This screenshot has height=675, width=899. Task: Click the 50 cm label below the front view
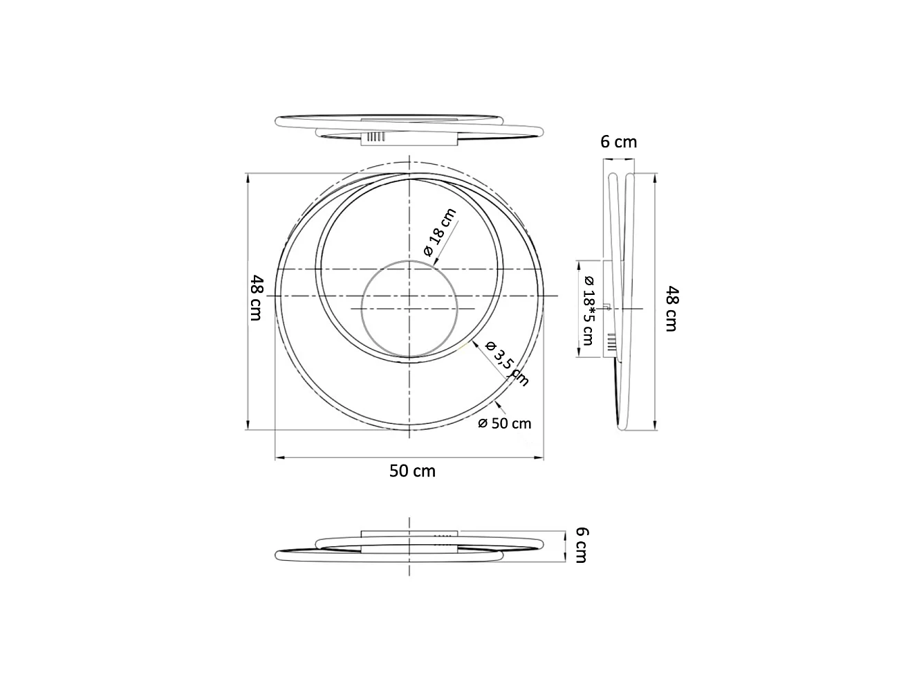pyautogui.click(x=412, y=471)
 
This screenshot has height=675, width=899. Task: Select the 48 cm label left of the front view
pyautogui.click(x=257, y=298)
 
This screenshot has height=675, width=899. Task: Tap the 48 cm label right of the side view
pyautogui.click(x=670, y=309)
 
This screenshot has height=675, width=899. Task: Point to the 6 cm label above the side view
pyautogui.click(x=618, y=142)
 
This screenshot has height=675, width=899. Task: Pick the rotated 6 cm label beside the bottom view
pyautogui.click(x=582, y=545)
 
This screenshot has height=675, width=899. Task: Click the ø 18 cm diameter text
pyautogui.click(x=441, y=233)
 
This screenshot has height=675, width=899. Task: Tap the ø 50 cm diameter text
pyautogui.click(x=505, y=423)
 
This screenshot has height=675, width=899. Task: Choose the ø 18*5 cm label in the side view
pyautogui.click(x=588, y=309)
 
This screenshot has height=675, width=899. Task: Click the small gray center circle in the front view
pyautogui.click(x=410, y=309)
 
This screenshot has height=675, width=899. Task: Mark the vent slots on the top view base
pyautogui.click(x=374, y=137)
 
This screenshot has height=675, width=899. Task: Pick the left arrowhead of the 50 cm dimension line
pyautogui.click(x=278, y=457)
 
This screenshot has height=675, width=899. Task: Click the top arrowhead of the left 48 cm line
pyautogui.click(x=248, y=176)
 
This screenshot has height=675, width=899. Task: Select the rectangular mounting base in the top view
pyautogui.click(x=408, y=138)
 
